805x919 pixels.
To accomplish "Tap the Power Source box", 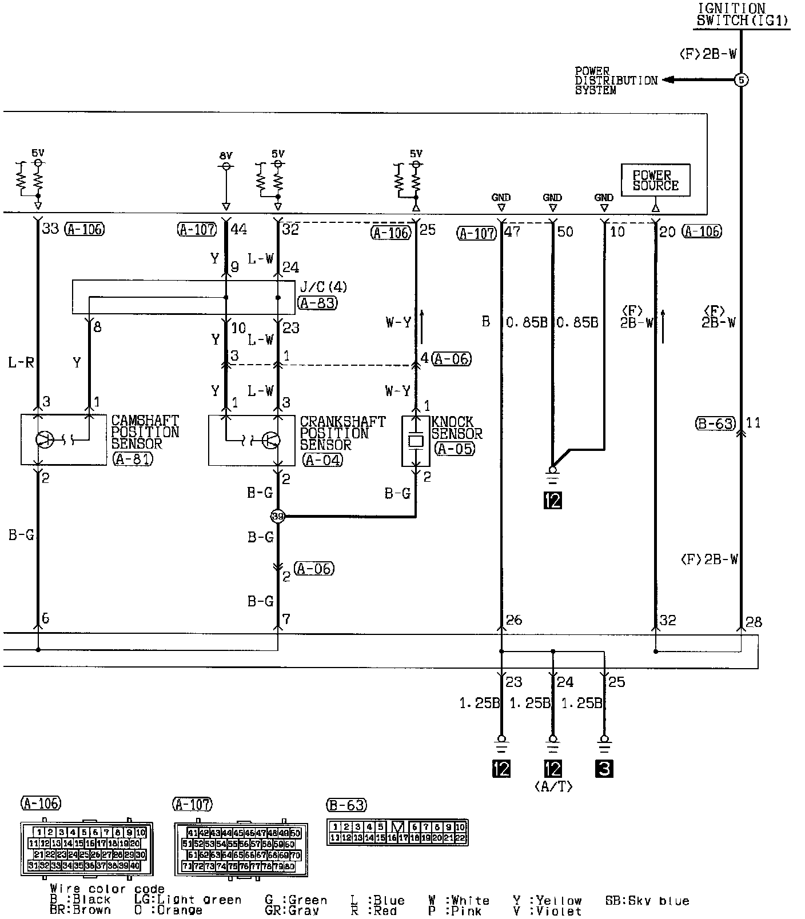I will (x=655, y=181).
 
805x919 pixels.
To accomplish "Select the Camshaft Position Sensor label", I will (x=145, y=432).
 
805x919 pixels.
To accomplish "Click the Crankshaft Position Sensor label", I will (x=342, y=433).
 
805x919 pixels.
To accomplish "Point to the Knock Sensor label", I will (x=456, y=427).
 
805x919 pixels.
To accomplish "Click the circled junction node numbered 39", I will (x=277, y=516).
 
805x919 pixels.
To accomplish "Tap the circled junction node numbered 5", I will (x=741, y=80).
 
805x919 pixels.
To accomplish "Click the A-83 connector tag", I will (x=317, y=303).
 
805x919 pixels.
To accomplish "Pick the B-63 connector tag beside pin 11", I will (x=716, y=423).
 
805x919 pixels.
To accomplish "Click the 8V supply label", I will (x=226, y=155).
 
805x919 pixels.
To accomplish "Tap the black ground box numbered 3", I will (x=604, y=769).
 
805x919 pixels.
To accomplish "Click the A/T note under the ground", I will (x=553, y=786).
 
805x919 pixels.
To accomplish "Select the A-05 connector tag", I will (x=455, y=449).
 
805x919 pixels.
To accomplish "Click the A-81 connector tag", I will (x=133, y=459).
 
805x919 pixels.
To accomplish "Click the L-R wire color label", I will (x=21, y=362).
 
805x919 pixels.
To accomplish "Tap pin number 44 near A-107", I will (x=238, y=230).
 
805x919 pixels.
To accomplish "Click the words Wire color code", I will (x=107, y=889).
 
